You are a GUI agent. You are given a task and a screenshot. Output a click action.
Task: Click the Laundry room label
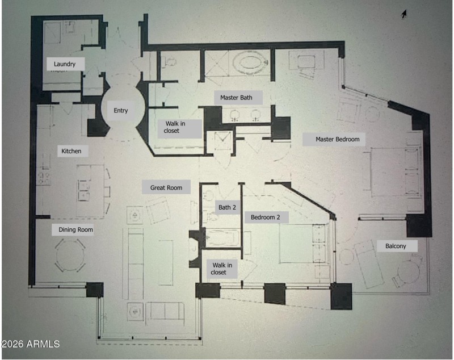pos(65,64)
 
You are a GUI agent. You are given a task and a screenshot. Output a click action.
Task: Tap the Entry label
pos(120,111)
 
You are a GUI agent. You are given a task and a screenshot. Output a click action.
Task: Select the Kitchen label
pos(72,151)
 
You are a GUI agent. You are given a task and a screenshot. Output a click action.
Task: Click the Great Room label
pos(166,187)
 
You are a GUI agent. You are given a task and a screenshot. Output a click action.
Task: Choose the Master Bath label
pos(236,98)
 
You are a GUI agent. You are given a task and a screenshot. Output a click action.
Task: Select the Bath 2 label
pos(227,207)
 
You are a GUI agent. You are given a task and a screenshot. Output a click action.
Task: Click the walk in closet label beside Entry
pos(179,127)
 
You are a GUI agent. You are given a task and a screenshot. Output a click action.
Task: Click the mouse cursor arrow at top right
pos(403,14)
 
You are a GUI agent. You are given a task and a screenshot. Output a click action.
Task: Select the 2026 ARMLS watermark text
pos(31,344)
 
